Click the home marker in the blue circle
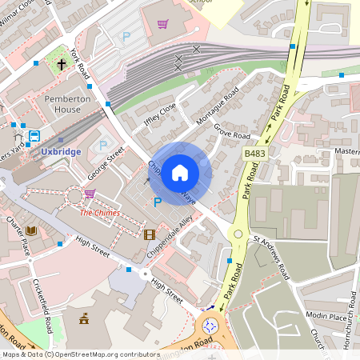pyautogui.click(x=180, y=173)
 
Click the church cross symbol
pyautogui.click(x=62, y=62)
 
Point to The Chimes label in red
pyautogui.click(x=99, y=213)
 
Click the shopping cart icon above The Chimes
pyautogui.click(x=90, y=194)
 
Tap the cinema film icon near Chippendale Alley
pyautogui.click(x=149, y=234)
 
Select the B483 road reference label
pyautogui.click(x=254, y=152)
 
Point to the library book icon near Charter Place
pyautogui.click(x=31, y=231)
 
